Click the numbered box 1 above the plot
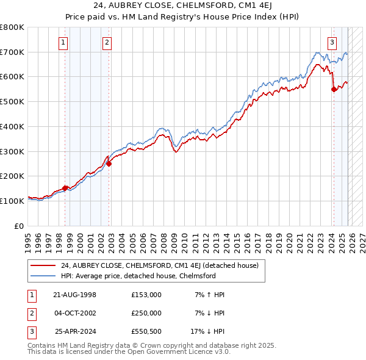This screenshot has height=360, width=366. tap(64, 42)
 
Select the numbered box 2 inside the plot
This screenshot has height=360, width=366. tap(107, 42)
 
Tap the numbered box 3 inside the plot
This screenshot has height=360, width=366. tap(332, 42)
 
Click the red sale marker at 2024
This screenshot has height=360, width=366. tap(334, 89)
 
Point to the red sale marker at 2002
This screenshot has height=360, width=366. tap(109, 164)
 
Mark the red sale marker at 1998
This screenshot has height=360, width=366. tap(65, 188)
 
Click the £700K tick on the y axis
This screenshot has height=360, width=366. tap(12, 52)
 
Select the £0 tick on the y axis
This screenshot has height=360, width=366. tap(19, 226)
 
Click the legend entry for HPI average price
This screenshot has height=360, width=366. tap(138, 276)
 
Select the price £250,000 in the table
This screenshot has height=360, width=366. tap(146, 313)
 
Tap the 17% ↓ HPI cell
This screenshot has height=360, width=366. tap(208, 331)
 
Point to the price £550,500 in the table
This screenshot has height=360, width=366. tap(146, 331)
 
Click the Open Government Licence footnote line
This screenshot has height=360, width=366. tap(129, 352)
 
